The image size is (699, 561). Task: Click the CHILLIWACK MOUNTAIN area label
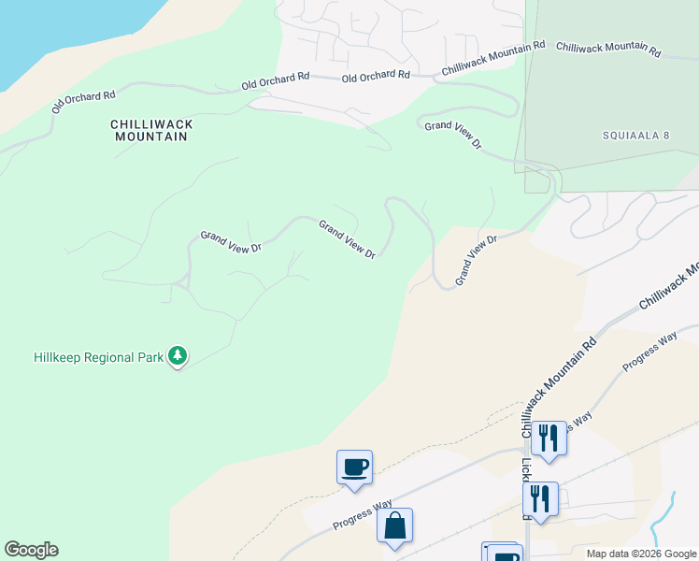(x=150, y=130)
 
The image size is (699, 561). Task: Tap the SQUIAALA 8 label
(x=635, y=136)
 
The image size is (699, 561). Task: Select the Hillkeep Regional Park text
(x=97, y=357)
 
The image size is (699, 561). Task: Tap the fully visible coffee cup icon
(x=354, y=467)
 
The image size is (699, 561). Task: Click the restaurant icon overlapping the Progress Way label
(x=549, y=438)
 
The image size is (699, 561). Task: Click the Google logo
(x=31, y=550)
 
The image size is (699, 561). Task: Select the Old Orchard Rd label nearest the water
(x=83, y=102)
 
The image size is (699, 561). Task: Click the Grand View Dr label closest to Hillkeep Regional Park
(x=230, y=242)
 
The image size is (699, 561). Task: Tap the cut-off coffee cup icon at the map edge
(x=502, y=552)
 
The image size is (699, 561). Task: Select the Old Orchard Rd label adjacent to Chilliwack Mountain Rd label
(x=376, y=76)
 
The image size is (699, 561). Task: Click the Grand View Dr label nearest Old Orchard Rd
(x=453, y=136)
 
